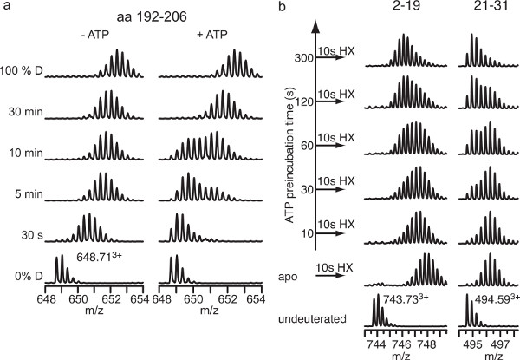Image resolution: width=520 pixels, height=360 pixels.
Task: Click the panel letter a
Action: [5, 7]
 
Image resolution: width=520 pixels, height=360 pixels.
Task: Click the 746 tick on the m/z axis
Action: [403, 342]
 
